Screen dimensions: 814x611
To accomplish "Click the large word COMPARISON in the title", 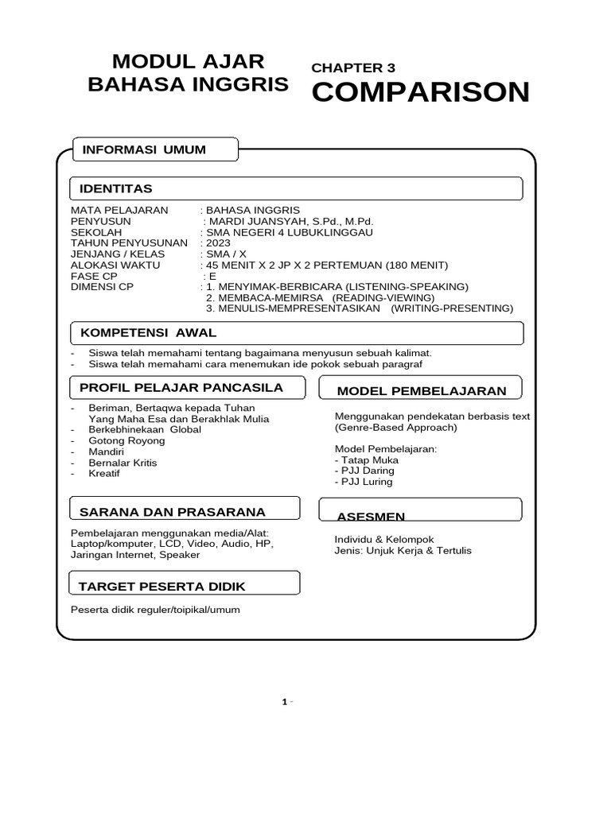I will (x=420, y=92).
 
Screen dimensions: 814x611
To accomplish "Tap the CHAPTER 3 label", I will (x=353, y=68).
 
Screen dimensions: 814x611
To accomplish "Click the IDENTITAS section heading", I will (x=115, y=188).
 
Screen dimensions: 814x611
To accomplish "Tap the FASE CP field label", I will (x=94, y=276).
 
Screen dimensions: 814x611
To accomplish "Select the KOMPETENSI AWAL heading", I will (x=147, y=332).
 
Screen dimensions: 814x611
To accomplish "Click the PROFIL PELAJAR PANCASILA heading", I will (x=181, y=388).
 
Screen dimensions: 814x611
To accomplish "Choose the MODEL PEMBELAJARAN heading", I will (x=421, y=390).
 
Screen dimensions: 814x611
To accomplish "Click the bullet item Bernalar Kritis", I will (x=123, y=463).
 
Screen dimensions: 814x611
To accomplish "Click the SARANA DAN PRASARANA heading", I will (x=172, y=511).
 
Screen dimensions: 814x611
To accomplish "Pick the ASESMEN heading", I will (x=371, y=517).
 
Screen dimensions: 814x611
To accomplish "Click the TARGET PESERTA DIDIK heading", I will (x=162, y=587).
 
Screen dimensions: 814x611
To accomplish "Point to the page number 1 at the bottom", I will (x=284, y=702).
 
